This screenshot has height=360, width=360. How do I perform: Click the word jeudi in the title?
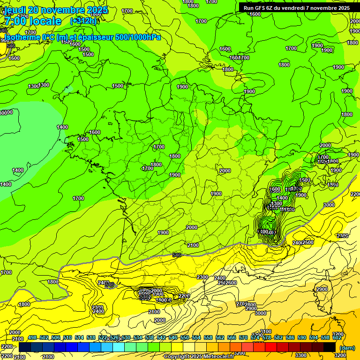pyautogui.click(x=15, y=10)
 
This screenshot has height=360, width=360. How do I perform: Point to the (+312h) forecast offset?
pyautogui.click(x=84, y=21)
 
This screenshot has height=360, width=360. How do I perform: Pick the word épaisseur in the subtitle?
pyautogui.click(x=98, y=37)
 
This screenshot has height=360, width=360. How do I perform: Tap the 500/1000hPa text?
pyautogui.click(x=140, y=37)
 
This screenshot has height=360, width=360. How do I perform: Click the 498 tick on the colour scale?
pyautogui.click(x=32, y=337)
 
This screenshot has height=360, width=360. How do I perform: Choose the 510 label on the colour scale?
pyautogui.click(x=67, y=337)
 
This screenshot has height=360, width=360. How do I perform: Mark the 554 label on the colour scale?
pyautogui.click(x=196, y=337)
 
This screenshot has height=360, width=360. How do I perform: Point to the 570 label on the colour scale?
pyautogui.click(x=243, y=337)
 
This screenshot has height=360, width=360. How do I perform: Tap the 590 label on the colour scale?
pyautogui.click(x=302, y=337)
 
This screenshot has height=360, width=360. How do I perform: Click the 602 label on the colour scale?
pyautogui.click(x=337, y=337)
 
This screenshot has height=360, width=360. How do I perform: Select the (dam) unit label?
pyautogui.click(x=347, y=348)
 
